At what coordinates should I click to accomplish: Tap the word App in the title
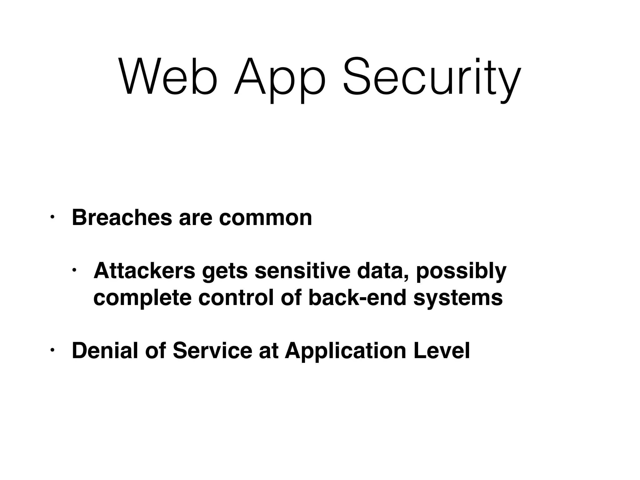pyautogui.click(x=280, y=80)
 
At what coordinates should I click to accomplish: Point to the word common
pyautogui.click(x=265, y=218)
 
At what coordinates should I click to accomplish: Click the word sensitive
pyautogui.click(x=302, y=271)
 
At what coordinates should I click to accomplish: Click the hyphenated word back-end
pyautogui.click(x=357, y=297)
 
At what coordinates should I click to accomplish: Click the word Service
pyautogui.click(x=212, y=351)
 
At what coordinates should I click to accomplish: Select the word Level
pyautogui.click(x=442, y=351)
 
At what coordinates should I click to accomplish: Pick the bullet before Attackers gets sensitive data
pyautogui.click(x=74, y=270)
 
